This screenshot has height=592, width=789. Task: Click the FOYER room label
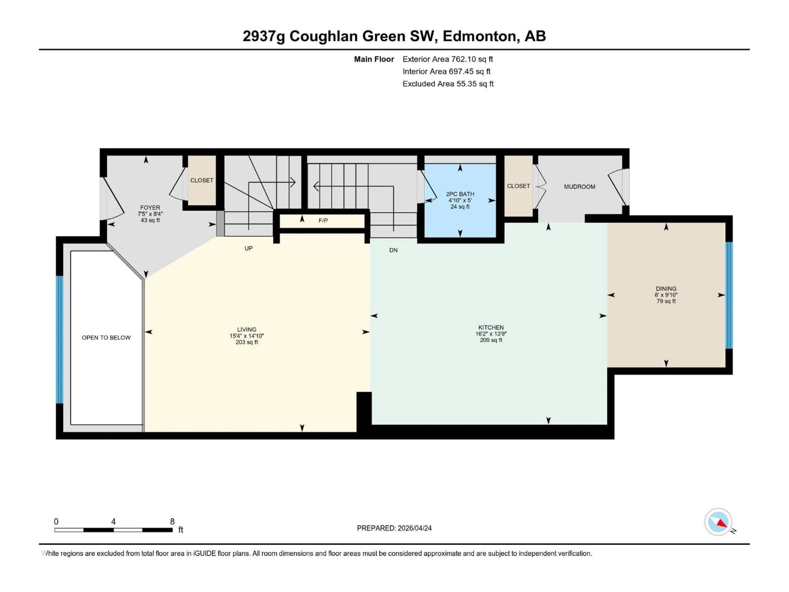[150, 207]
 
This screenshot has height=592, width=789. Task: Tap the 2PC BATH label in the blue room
[460, 194]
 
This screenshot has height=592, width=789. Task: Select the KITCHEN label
[491, 327]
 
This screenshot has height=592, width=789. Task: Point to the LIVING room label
[247, 329]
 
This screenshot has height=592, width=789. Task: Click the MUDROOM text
[579, 187]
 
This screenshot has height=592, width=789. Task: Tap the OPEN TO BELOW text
[106, 338]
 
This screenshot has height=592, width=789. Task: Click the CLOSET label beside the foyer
[202, 180]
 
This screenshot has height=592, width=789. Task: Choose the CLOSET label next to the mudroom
[518, 186]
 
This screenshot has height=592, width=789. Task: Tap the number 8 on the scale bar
[172, 521]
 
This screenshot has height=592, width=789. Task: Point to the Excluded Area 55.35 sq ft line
[448, 84]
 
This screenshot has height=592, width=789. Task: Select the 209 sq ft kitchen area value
[491, 340]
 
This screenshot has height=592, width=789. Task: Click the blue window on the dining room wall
[729, 295]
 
